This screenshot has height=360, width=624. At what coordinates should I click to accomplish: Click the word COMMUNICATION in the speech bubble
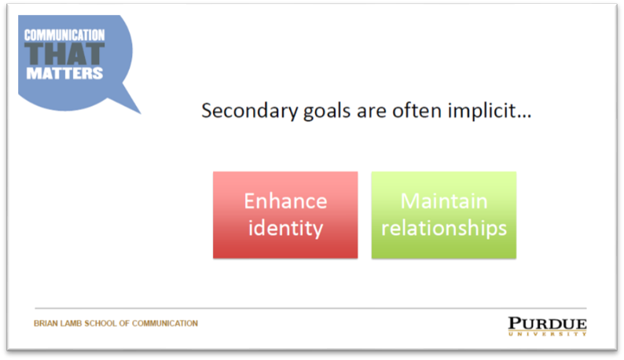pyautogui.click(x=64, y=35)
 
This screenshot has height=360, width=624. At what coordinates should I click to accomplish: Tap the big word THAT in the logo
pyautogui.click(x=64, y=54)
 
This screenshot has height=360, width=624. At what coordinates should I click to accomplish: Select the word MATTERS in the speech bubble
pyautogui.click(x=64, y=73)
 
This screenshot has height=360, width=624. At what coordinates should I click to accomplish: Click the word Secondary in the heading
pyautogui.click(x=249, y=111)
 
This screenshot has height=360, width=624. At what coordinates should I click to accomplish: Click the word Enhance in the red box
pyautogui.click(x=285, y=200)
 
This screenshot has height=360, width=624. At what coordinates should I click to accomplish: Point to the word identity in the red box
pyautogui.click(x=285, y=228)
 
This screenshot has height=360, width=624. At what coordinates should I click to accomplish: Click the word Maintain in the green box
pyautogui.click(x=444, y=200)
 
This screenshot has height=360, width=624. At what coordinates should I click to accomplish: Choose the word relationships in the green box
pyautogui.click(x=444, y=228)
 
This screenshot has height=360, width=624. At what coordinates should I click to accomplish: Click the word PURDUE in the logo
pyautogui.click(x=547, y=324)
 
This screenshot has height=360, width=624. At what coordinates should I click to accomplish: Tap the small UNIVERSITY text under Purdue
pyautogui.click(x=547, y=334)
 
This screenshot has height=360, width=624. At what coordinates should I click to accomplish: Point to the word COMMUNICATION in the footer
pyautogui.click(x=165, y=323)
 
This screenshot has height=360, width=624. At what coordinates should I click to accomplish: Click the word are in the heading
pyautogui.click(x=371, y=112)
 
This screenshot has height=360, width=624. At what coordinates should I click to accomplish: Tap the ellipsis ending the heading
pyautogui.click(x=523, y=116)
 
